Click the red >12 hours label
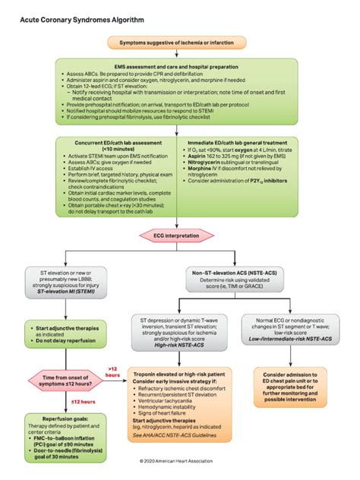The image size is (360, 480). point(112,370)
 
